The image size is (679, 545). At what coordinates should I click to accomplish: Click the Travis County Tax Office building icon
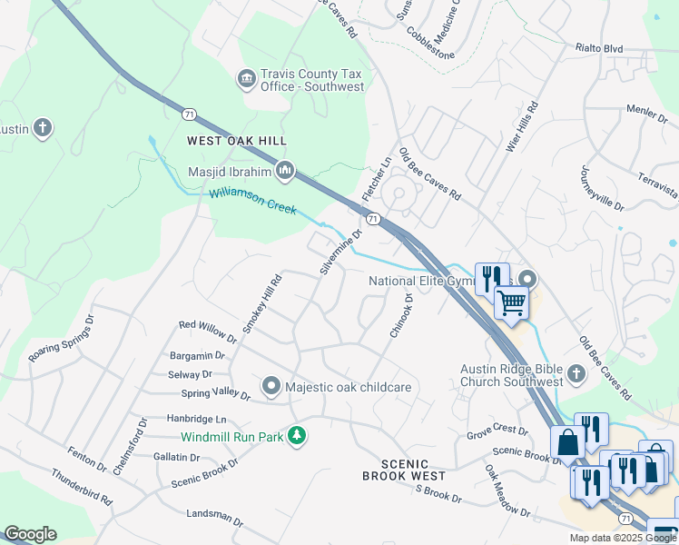point(246,80)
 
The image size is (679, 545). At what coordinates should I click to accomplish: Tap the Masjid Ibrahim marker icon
point(285,170)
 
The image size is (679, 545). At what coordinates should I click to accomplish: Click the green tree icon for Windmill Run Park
point(296,436)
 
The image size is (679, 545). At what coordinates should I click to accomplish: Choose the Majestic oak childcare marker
point(271,387)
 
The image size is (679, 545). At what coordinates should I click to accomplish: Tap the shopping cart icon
point(512,302)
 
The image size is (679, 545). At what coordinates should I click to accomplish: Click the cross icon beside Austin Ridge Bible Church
point(575,373)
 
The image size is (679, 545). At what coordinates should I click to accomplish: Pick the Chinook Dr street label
point(401,316)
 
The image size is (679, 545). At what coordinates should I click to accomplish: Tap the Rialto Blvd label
point(599,48)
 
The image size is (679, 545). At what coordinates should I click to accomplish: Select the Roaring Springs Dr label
point(61,340)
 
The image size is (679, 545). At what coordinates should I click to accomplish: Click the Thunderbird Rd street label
point(81,488)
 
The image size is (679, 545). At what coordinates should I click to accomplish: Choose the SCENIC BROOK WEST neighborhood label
point(403,469)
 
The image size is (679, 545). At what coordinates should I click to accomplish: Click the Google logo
point(30,534)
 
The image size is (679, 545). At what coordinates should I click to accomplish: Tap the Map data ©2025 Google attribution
point(622,538)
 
